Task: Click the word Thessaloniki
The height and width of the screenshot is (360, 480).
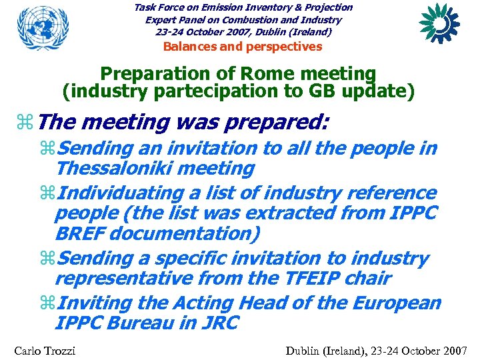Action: coord(120,169)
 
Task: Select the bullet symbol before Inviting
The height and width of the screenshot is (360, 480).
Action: coord(48,303)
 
